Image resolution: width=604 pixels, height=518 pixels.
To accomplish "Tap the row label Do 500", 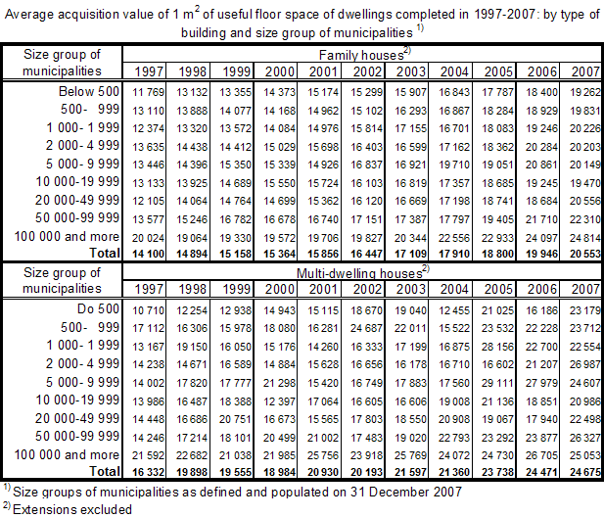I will click(102, 309).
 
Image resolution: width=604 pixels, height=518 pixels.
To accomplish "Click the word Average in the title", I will click(27, 13).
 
